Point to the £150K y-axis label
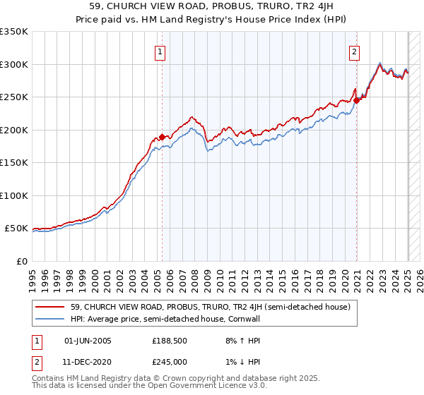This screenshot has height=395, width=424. click(14, 162)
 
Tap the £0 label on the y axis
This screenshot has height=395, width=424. click(22, 261)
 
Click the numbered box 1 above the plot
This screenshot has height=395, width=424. click(161, 51)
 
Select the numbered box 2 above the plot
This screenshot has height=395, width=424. click(354, 51)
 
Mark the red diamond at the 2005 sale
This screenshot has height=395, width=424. click(162, 137)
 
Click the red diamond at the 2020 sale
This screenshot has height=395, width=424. click(357, 100)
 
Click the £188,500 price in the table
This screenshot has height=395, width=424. click(170, 341)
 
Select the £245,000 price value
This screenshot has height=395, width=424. click(170, 361)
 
